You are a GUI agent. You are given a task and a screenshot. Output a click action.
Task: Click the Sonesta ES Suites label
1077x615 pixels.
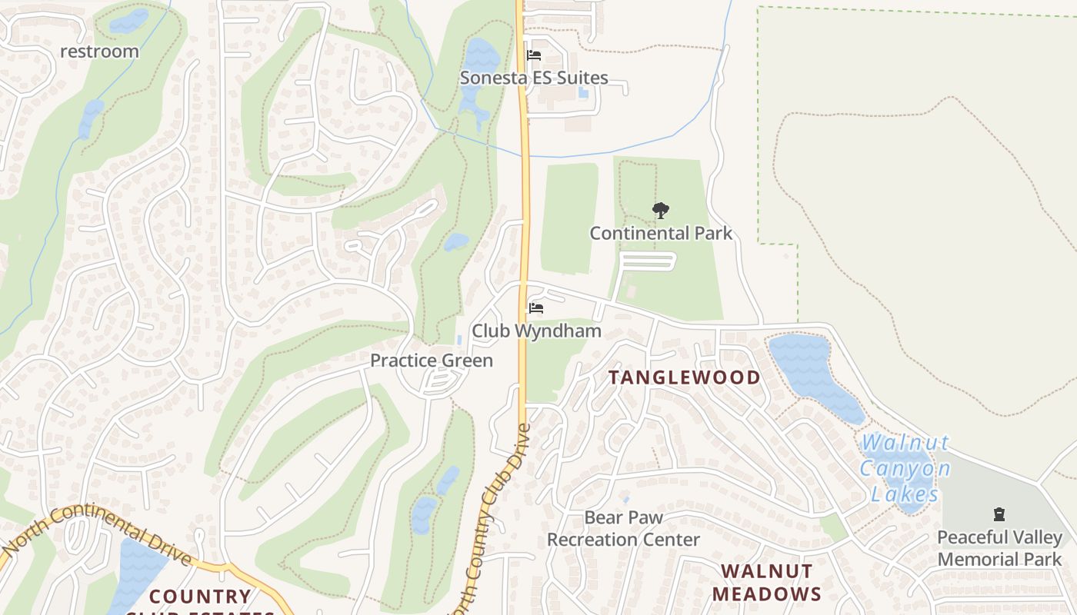coord(534,78)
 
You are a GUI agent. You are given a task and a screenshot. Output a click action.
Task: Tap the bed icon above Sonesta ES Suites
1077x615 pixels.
coord(534,55)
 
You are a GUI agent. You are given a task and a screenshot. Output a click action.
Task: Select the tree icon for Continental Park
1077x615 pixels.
coord(660,210)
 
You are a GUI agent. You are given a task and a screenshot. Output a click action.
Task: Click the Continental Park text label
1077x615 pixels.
coord(661,233)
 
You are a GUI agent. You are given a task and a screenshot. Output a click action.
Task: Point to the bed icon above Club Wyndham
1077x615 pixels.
coord(536,308)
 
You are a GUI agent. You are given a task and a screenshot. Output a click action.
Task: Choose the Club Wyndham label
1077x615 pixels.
coord(536,331)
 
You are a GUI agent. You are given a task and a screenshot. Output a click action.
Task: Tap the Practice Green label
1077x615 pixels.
coord(432,361)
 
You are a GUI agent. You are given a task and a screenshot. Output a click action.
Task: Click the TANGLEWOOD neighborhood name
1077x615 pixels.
coord(685,377)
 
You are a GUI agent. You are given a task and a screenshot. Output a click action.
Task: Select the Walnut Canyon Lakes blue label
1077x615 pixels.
coord(905,468)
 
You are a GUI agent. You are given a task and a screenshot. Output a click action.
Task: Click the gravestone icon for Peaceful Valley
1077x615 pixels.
coord(999,514)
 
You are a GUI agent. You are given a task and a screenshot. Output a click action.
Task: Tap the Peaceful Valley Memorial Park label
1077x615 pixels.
coord(999,548)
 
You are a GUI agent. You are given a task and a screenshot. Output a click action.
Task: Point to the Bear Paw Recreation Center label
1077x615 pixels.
coord(623,529)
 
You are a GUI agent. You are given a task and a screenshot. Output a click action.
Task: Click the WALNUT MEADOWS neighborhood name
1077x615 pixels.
coord(766,582)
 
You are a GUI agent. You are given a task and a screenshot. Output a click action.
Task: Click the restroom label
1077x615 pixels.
coord(100,52)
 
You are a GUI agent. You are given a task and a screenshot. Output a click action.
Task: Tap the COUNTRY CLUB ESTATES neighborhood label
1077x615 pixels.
coord(200,600)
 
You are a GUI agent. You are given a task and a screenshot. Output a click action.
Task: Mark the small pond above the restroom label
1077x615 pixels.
coord(128,22)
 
